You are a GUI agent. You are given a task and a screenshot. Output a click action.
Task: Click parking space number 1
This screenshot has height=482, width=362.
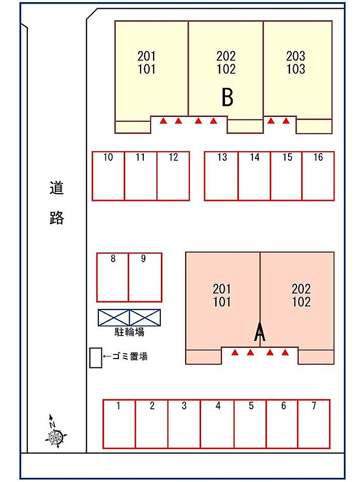coord(119,424)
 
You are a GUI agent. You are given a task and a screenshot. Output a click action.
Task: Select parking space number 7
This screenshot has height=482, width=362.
coord(314,424)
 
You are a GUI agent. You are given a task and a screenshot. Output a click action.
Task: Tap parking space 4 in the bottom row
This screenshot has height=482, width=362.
coord(217,424)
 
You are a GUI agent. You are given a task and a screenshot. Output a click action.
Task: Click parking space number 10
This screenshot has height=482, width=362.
coord(108,176)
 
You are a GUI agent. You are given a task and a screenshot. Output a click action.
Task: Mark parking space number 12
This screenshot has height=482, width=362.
coord(173,176)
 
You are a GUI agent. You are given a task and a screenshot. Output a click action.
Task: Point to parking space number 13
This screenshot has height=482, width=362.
coord(221,176)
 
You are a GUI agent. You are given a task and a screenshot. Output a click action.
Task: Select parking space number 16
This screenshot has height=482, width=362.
coord(318,176)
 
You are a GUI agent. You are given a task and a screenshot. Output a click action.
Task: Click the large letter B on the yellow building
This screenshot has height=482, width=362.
coord(227,97)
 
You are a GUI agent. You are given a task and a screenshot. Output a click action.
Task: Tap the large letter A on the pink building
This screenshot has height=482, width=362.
coord(260,333)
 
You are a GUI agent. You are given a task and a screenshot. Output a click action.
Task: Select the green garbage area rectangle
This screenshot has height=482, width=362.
coord(95,357)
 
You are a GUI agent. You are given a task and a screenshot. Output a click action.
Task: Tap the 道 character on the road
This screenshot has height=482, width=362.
coord(56,188)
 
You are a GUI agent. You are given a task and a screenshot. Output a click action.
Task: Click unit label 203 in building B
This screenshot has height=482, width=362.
coord(296,56)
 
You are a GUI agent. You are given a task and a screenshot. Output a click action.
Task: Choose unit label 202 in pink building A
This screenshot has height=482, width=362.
coord(301,289)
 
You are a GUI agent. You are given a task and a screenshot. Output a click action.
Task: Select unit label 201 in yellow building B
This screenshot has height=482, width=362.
coord(147,56)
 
